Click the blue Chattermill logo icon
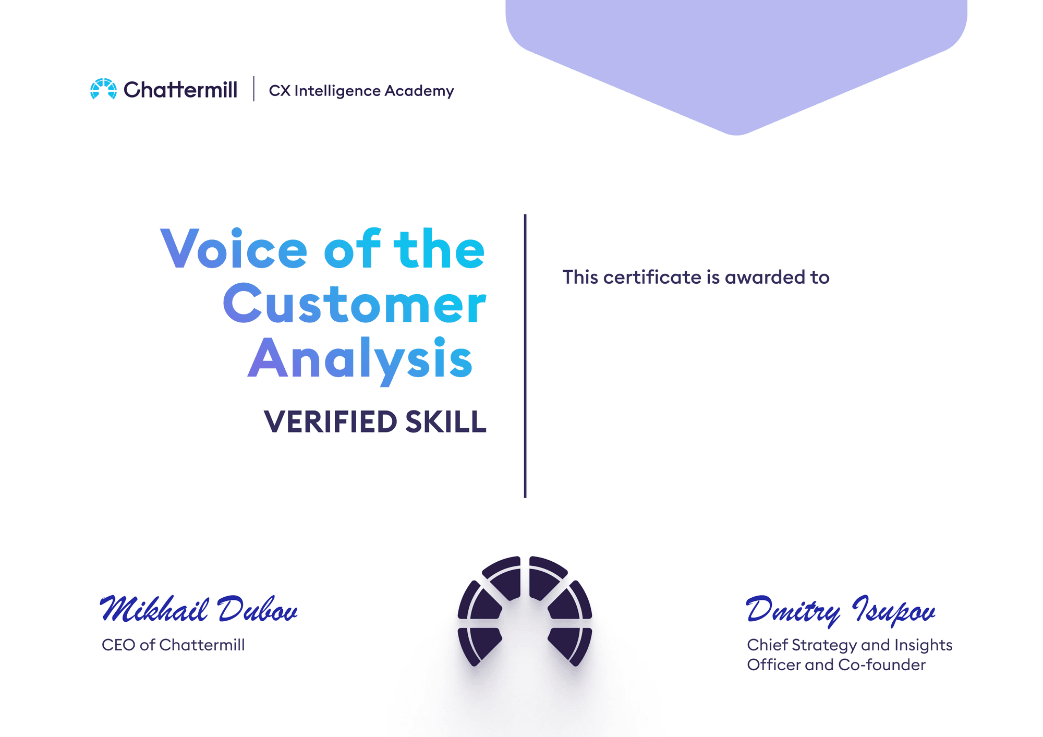pyautogui.click(x=103, y=89)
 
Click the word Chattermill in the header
pyautogui.click(x=180, y=90)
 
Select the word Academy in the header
pyautogui.click(x=419, y=91)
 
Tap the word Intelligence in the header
pyautogui.click(x=337, y=91)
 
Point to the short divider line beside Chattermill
pyautogui.click(x=254, y=89)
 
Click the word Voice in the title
pyautogui.click(x=234, y=249)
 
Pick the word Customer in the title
pyautogui.click(x=355, y=304)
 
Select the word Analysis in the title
pyautogui.click(x=360, y=360)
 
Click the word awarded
pyautogui.click(x=765, y=277)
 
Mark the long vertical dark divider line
pyautogui.click(x=525, y=356)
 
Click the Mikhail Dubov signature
pyautogui.click(x=199, y=609)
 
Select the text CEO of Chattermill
pyautogui.click(x=173, y=645)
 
